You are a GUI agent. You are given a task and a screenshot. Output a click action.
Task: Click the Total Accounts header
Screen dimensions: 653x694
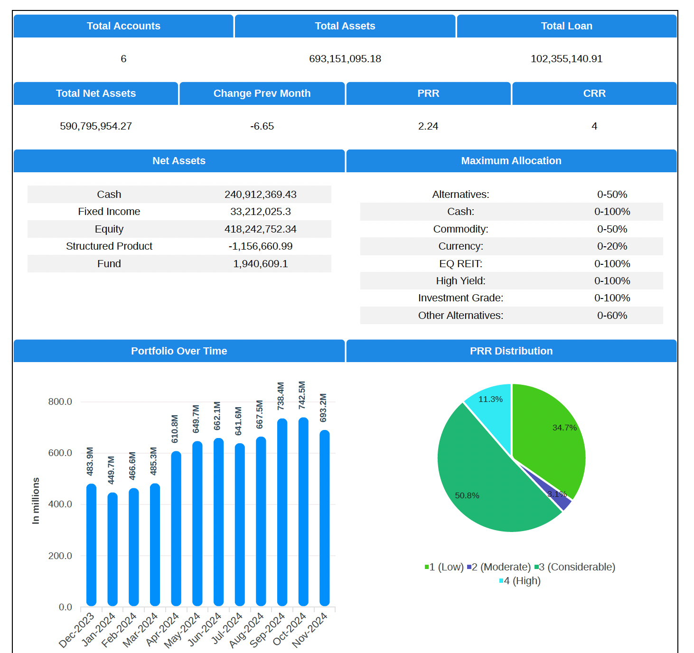coord(123,26)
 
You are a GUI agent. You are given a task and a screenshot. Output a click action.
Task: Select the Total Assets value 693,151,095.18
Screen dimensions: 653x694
coord(345,59)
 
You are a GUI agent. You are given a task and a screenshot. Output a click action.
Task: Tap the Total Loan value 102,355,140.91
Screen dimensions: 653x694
coord(566,59)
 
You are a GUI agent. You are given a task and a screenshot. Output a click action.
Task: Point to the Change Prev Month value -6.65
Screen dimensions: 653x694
coord(262,126)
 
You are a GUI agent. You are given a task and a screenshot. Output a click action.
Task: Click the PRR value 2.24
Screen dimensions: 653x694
coord(428,126)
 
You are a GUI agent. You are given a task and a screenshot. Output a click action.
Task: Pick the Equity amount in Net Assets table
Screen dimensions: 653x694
coord(260,229)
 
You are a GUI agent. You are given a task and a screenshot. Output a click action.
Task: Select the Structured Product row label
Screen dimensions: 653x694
coord(109,246)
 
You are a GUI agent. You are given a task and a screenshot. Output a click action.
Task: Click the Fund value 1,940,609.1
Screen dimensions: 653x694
coord(260,264)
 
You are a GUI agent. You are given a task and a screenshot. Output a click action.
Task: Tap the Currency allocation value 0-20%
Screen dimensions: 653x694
coord(612,246)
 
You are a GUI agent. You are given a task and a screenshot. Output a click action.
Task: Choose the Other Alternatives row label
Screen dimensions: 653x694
coord(460,316)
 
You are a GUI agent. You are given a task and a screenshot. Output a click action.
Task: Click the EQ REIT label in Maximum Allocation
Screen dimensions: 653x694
coord(460,264)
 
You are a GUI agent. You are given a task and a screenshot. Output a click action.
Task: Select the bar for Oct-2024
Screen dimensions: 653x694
coord(303,513)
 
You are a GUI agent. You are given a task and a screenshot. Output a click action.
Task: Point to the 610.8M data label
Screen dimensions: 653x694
coord(175,429)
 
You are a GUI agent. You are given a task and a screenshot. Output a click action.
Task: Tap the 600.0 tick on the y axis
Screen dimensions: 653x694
coord(60,453)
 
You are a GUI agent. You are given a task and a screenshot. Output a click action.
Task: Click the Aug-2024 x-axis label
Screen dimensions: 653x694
coord(247,630)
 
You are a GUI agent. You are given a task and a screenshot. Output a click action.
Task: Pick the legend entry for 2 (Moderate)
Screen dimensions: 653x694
coord(499,567)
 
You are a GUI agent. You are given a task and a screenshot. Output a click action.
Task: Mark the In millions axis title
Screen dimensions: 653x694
coord(36,501)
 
